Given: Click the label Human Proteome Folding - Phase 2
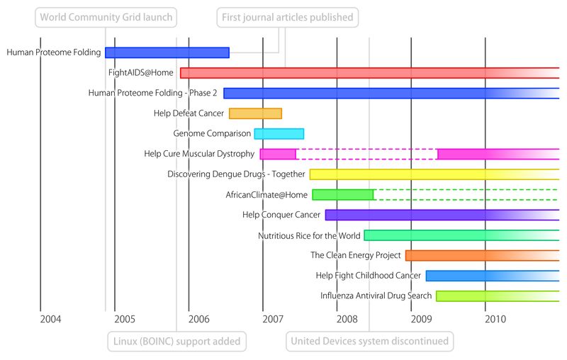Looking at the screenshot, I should click(x=152, y=93).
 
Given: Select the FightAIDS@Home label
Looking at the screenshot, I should click(x=140, y=72).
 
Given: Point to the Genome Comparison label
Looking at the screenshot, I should click(x=212, y=133).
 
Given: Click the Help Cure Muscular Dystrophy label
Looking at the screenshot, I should click(x=199, y=154).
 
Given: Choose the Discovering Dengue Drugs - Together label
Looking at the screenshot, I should click(x=236, y=174).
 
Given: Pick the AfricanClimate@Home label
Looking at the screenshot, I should click(x=266, y=195).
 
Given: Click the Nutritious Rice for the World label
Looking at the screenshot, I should click(x=310, y=235).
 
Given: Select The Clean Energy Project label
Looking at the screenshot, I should click(x=356, y=255).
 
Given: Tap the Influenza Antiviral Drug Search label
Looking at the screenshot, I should click(x=376, y=296).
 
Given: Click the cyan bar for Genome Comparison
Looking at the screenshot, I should click(x=279, y=133).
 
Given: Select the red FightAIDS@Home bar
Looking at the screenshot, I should click(x=369, y=73).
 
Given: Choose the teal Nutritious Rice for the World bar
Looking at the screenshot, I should click(x=461, y=235).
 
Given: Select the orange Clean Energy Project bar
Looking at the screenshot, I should click(x=482, y=255).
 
